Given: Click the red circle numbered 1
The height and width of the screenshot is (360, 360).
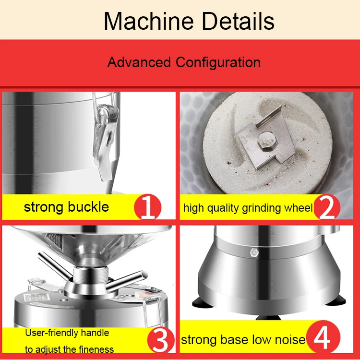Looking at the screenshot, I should tap(147, 207).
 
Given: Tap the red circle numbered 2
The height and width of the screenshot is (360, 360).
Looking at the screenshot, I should tap(327, 207).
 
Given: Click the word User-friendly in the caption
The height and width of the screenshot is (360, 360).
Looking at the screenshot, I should tap(67, 333).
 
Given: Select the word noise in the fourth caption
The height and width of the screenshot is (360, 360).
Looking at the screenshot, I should tap(289, 340).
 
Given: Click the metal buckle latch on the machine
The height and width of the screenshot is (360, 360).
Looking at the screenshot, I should tap(105, 139).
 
